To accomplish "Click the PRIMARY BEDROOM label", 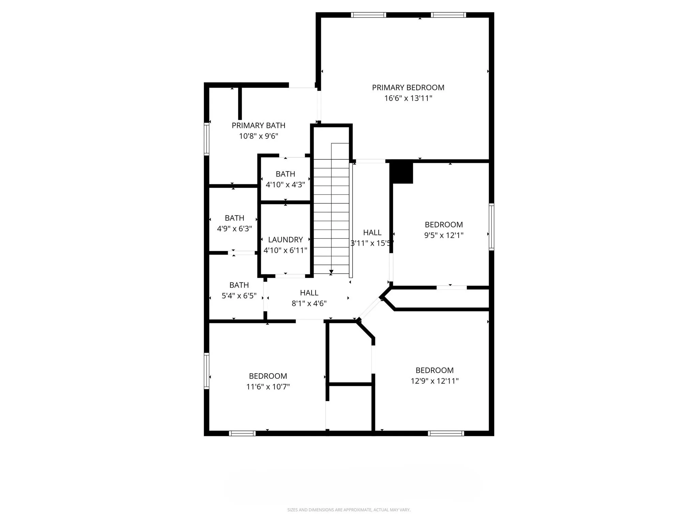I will coord(408,88).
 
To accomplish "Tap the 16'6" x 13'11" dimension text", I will coord(408,98).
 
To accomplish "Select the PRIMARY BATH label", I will coord(258,126).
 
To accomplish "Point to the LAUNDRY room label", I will coord(285,240).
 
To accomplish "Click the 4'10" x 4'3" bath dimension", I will coord(285,185).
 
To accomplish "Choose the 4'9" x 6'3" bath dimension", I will coord(234,229).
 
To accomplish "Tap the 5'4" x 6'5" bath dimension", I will coord(239,296).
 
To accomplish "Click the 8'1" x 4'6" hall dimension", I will coord(309,304).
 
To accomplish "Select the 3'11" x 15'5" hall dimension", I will coord(372,243).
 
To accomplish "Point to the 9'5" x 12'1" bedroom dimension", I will coord(444,235).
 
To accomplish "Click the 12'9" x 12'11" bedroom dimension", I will coord(435,381).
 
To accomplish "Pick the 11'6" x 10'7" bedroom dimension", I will coord(268,387).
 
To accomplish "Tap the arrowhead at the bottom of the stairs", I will coord(331,272).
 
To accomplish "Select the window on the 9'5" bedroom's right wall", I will coord(491,227).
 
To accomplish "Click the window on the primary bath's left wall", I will coord(207,139).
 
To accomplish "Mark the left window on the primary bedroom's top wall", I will coord(368,15).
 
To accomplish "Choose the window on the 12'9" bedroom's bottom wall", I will coord(446,434).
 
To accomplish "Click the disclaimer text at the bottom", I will coord(349,510).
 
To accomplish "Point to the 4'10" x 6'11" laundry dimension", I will coord(285,250).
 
